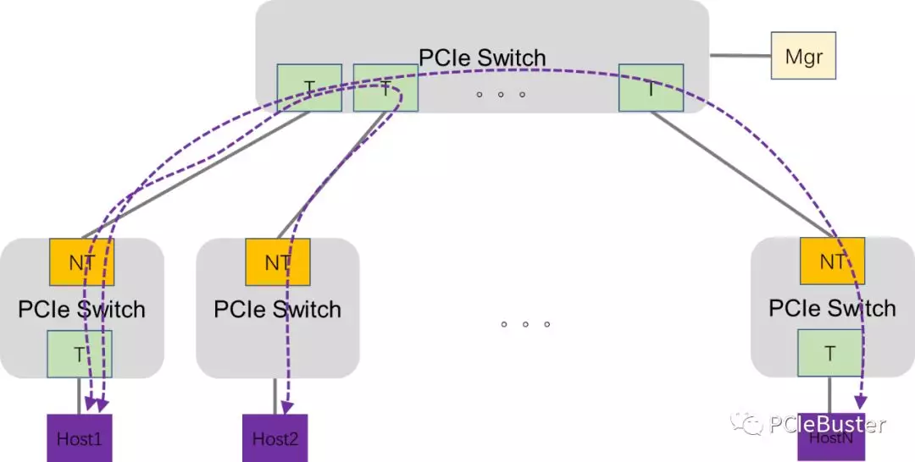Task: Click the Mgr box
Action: [x=802, y=56]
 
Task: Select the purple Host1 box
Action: [x=79, y=437]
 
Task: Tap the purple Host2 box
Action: [x=275, y=437]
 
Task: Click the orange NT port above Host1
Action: [x=82, y=261]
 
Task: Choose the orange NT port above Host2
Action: [x=277, y=261]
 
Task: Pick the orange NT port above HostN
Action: [x=832, y=261]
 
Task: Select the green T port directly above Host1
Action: [x=79, y=354]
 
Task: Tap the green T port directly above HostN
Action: [x=829, y=354]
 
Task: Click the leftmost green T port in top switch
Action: [x=309, y=88]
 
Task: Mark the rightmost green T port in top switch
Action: [x=651, y=88]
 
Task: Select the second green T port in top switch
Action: [x=385, y=88]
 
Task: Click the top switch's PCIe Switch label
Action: [x=482, y=58]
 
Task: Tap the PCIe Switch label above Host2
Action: [x=277, y=309]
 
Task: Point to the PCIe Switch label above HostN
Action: [x=832, y=308]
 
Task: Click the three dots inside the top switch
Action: [x=501, y=95]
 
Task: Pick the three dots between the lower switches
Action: [x=525, y=324]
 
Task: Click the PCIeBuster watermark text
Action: [x=827, y=423]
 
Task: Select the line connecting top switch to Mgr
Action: [x=739, y=56]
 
